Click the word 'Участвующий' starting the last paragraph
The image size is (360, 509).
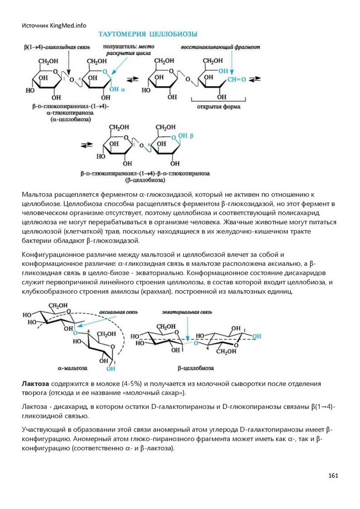[44, 429]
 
